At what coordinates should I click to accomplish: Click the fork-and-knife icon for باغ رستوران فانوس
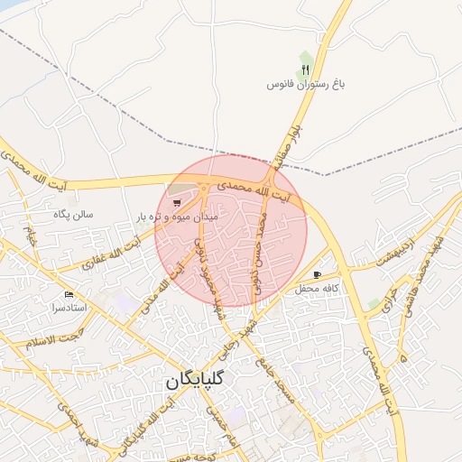point(307,69)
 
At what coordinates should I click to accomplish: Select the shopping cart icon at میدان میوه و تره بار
point(177,202)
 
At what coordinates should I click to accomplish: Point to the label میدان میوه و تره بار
point(178,217)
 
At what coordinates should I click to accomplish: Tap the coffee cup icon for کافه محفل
point(316,274)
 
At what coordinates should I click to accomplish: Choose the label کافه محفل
point(317,288)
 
